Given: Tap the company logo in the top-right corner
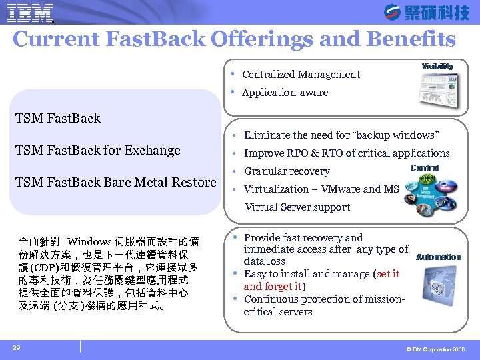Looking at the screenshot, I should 427,13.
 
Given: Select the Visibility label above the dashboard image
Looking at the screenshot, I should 437,66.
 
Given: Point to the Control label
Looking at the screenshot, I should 425,168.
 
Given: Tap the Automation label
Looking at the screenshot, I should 438,257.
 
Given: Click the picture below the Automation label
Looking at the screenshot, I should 434,287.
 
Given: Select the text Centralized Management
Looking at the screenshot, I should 301,75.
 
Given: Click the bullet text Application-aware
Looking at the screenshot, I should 285,93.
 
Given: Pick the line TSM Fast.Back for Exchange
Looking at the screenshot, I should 98,151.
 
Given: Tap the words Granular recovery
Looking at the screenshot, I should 287,171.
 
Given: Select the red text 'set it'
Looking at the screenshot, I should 388,274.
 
